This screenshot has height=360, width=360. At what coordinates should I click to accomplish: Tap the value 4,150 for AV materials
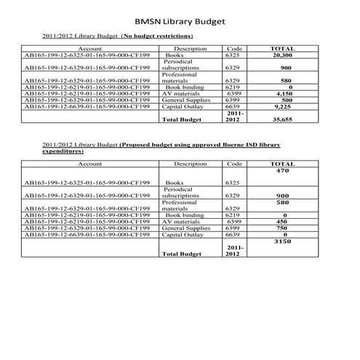281,94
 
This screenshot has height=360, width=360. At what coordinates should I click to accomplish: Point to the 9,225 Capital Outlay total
281,106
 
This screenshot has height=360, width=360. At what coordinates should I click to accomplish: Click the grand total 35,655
281,119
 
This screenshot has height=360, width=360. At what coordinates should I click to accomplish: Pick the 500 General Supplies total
281,100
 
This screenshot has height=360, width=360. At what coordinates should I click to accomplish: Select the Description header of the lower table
191,164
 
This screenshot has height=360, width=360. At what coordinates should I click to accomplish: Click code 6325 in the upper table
233,55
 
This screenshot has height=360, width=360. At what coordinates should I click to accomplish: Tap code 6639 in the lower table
233,235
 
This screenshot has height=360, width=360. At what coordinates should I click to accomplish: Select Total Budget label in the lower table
181,254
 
